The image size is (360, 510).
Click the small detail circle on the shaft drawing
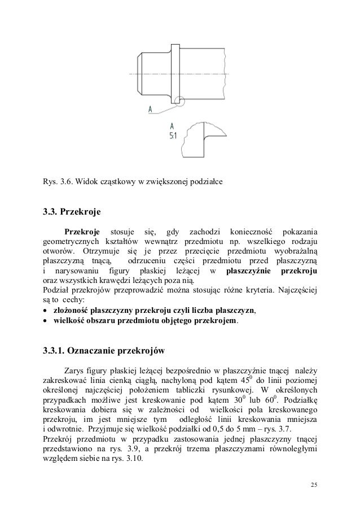[180, 102]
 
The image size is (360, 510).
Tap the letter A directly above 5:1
[172, 126]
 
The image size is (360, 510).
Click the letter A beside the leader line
[151, 109]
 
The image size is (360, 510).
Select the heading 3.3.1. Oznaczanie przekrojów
[104, 351]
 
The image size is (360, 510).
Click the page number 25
[314, 486]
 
